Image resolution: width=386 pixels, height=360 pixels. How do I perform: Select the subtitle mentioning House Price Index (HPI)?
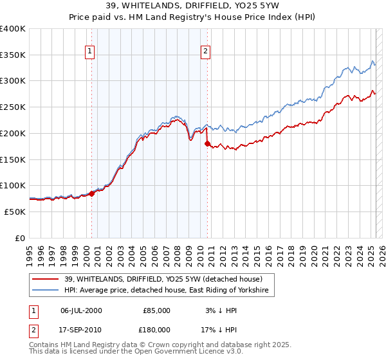(x=192, y=19)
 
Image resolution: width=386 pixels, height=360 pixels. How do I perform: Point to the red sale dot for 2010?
(x=207, y=144)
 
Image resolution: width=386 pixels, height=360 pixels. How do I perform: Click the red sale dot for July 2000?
(x=91, y=193)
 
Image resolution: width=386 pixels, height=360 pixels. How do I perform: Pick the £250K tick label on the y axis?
(x=13, y=107)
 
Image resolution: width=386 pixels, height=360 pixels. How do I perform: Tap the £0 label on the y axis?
(x=20, y=238)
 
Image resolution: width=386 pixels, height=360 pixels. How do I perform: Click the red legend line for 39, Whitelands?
(x=46, y=280)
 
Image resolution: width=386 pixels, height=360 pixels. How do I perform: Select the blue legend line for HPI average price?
(x=46, y=291)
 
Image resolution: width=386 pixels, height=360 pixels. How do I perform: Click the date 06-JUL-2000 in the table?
(x=81, y=310)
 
